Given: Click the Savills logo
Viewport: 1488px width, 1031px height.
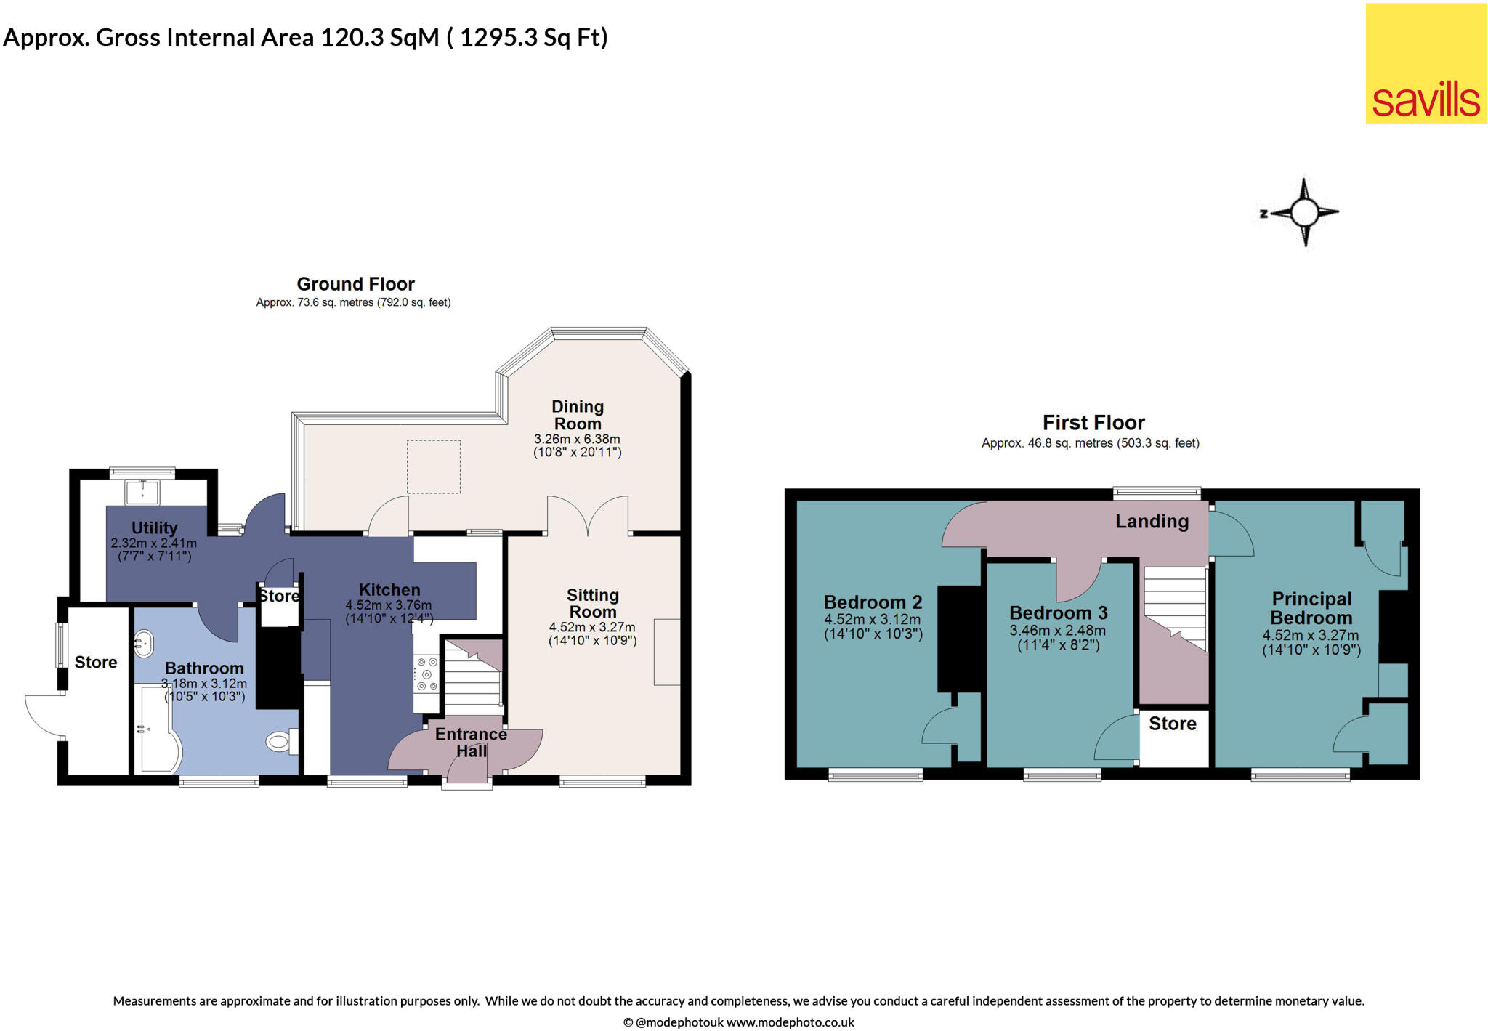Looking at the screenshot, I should pos(1426,64).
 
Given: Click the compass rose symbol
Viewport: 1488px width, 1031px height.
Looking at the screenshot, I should pos(1305,213).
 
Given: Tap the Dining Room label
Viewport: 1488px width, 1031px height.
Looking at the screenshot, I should pos(578,415).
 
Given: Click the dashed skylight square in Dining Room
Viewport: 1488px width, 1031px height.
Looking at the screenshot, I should pos(433,466).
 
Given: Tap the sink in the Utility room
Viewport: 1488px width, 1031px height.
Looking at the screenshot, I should pos(143,492).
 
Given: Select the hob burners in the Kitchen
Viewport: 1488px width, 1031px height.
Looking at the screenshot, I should pos(426,674).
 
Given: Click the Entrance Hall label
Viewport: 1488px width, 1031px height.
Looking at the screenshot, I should pos(471,743).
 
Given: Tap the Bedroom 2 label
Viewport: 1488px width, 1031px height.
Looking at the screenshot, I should pos(873,602).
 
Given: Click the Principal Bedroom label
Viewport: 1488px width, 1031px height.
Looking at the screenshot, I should pos(1311,608).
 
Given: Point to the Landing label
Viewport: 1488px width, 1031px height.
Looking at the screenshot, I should pos(1152,521).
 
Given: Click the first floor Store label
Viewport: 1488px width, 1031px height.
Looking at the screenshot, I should pos(1172,724).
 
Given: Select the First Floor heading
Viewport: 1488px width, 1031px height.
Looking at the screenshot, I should pos(1093,423).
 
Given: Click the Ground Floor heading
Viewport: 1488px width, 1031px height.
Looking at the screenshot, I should pos(355,284).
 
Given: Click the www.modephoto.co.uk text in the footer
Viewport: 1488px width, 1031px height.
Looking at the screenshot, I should pos(790,1022).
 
